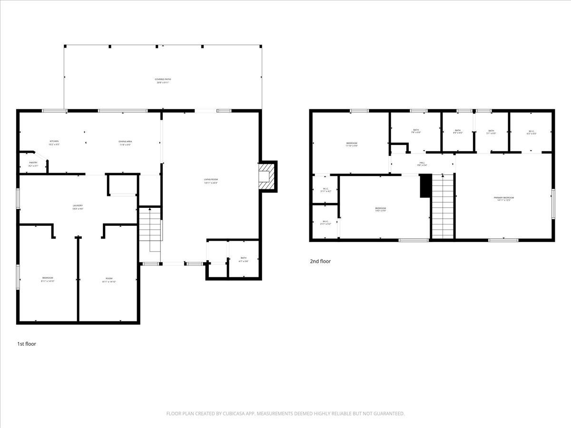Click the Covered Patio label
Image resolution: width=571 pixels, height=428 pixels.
[163, 81]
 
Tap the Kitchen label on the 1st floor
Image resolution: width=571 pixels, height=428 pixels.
[54, 142]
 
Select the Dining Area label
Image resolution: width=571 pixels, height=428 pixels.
[125, 142]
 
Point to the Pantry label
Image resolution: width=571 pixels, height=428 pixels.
[33, 164]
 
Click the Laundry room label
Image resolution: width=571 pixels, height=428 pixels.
[78, 207]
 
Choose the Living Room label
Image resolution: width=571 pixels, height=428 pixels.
[211, 181]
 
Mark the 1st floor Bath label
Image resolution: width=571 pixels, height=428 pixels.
[243, 259]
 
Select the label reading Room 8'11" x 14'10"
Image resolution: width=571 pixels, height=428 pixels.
[109, 280]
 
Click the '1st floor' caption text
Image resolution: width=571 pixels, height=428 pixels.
[27, 344]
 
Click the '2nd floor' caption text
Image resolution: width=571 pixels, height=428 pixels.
[320, 261]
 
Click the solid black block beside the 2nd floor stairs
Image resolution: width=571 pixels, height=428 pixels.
[425, 185]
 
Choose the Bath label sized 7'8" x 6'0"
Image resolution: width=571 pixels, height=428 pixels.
[416, 131]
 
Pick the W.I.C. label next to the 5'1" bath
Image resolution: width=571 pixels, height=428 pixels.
[532, 132]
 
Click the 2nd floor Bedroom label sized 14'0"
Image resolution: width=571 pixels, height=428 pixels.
[380, 209]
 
